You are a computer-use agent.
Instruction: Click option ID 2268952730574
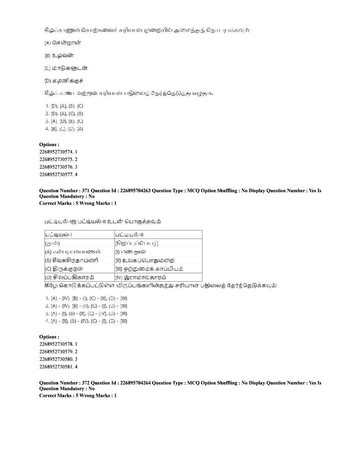point(58,152)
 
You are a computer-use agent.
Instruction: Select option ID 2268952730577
point(58,175)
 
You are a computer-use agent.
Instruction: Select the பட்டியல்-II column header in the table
point(130,235)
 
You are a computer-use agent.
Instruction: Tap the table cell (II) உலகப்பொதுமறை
point(144,260)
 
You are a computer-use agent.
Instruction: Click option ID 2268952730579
point(58,352)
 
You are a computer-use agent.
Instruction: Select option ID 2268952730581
point(58,367)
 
